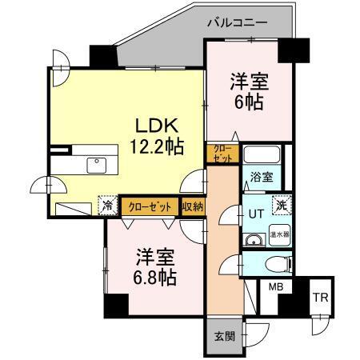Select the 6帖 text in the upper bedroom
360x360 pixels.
(x=248, y=102)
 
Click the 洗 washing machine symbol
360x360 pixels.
(x=281, y=205)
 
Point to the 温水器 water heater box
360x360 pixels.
(x=279, y=235)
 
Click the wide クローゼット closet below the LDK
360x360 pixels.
(x=150, y=206)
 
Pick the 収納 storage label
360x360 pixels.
(x=192, y=206)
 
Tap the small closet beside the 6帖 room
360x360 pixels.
(x=223, y=154)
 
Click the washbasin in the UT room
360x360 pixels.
(x=254, y=239)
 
